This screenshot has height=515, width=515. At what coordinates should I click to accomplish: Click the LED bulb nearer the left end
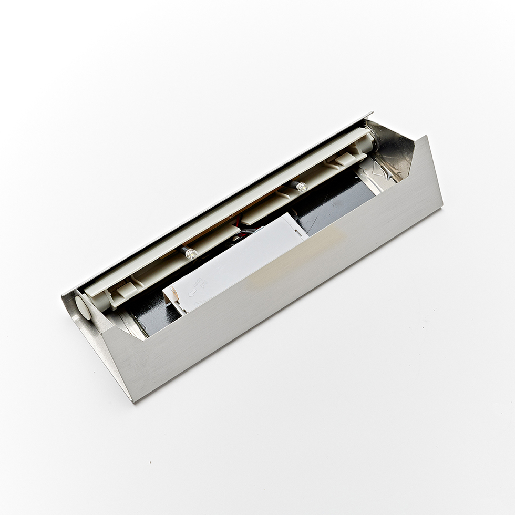pos(190,253)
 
